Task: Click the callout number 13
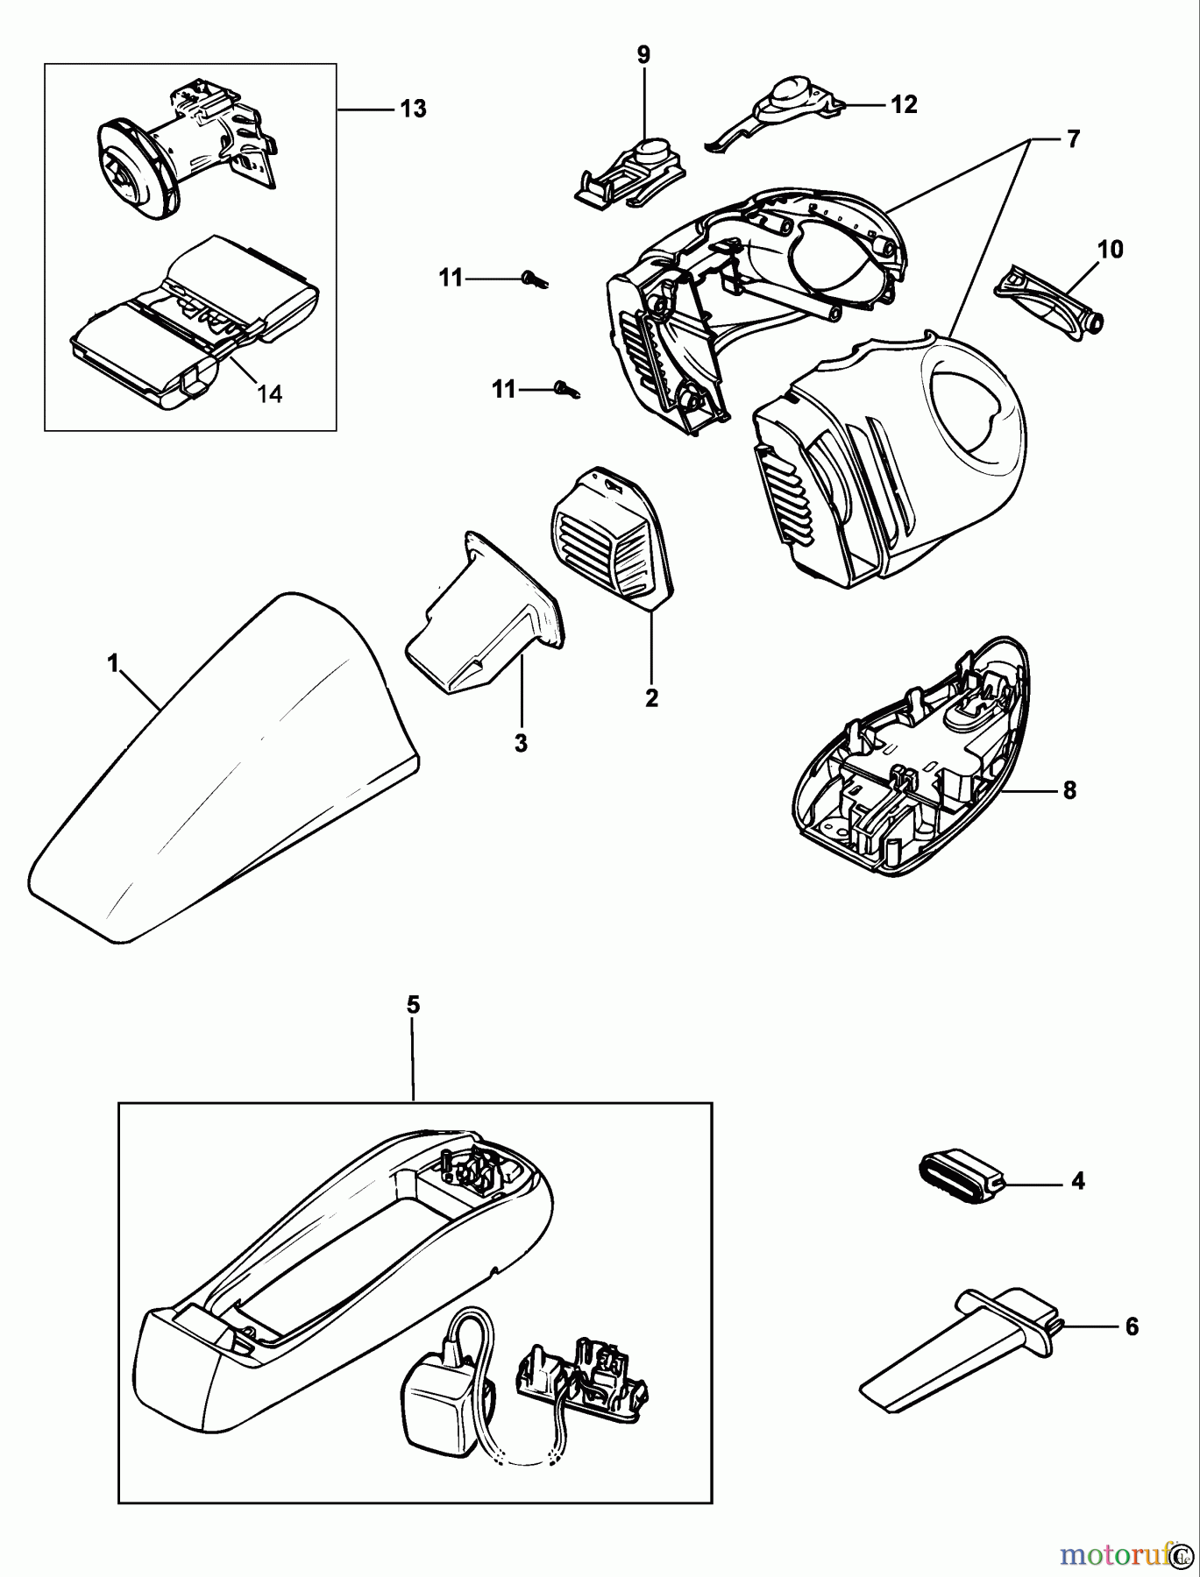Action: click(x=412, y=109)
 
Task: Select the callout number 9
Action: click(x=643, y=54)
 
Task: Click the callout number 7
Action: click(x=1073, y=138)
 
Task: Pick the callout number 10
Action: click(x=1109, y=249)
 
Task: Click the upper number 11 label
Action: click(x=451, y=278)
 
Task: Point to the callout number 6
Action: click(x=1131, y=1326)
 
